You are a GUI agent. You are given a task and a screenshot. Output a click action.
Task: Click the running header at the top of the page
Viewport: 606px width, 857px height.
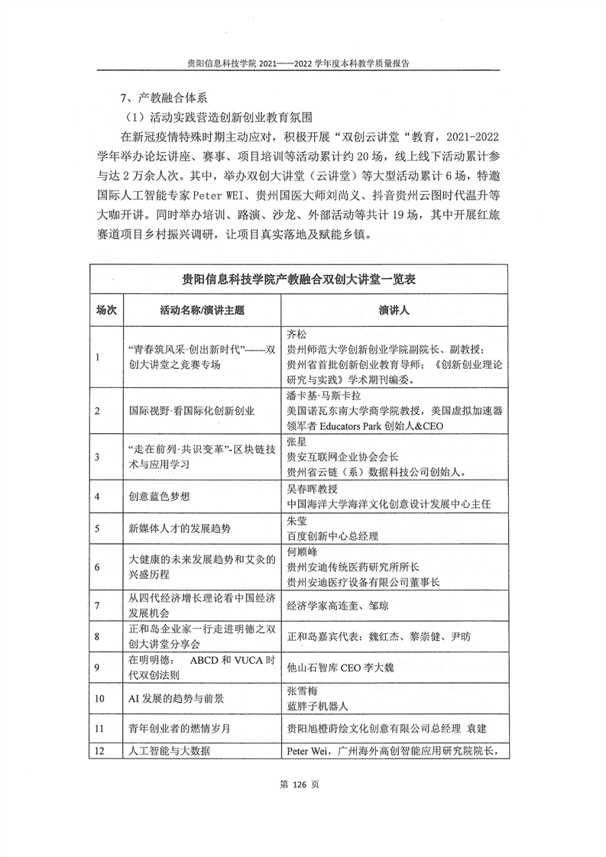coord(303,65)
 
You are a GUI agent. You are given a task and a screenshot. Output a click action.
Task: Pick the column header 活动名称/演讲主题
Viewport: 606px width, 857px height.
coord(203,311)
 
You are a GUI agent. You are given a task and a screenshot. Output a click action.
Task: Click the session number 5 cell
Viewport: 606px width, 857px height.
coord(97,528)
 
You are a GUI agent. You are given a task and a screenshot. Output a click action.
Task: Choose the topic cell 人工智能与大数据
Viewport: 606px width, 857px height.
coord(165,751)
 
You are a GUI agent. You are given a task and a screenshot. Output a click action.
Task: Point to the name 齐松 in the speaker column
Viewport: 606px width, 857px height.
coord(295,334)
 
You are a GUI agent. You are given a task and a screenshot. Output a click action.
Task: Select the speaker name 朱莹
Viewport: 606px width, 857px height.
coord(295,520)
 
